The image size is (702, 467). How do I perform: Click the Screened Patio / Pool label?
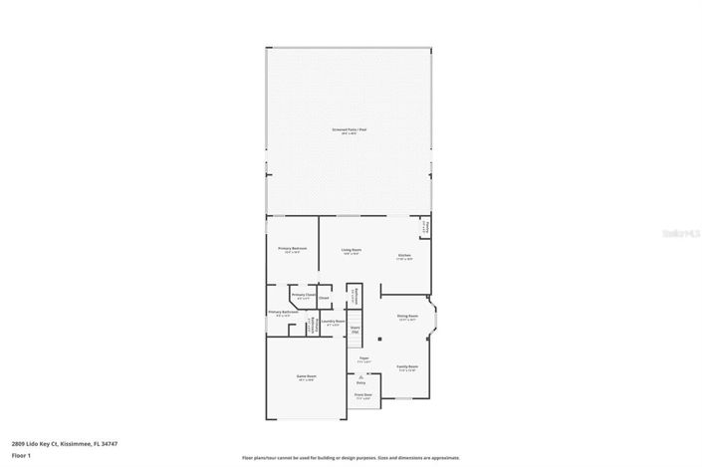click(350, 130)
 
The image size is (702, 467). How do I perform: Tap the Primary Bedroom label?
click(292, 249)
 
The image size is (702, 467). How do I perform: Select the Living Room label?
click(351, 250)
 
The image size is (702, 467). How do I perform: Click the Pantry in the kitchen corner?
click(425, 227)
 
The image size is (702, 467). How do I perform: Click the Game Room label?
click(305, 376)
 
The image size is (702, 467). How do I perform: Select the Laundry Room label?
click(333, 322)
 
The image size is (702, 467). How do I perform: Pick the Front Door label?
click(362, 395)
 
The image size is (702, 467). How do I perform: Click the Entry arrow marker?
click(360, 376)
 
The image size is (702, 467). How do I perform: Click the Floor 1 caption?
click(20, 455)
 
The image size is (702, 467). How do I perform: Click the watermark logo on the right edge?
click(683, 234)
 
